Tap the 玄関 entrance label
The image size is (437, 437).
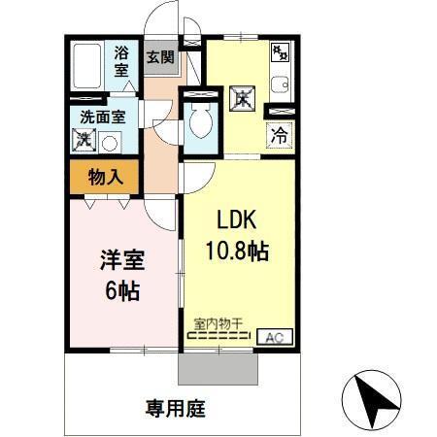pos(160,56)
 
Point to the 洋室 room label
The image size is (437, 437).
pos(120,260)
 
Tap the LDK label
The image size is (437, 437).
pos(234,219)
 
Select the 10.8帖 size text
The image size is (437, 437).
pos(236,250)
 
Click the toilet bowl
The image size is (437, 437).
pos(202,124)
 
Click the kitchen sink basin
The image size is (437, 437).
pos(280,84)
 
